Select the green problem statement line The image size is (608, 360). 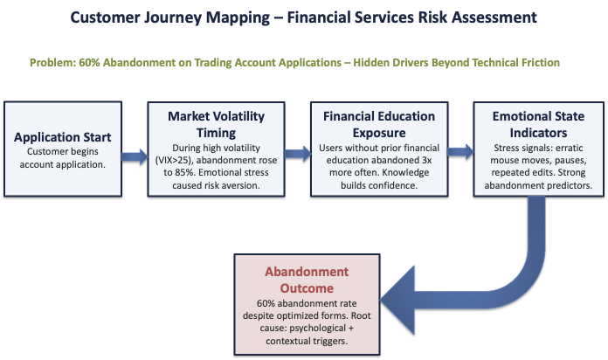click(294, 63)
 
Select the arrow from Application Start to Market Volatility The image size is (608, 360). click(130, 157)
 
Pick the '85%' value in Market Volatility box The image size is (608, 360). click(182, 172)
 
